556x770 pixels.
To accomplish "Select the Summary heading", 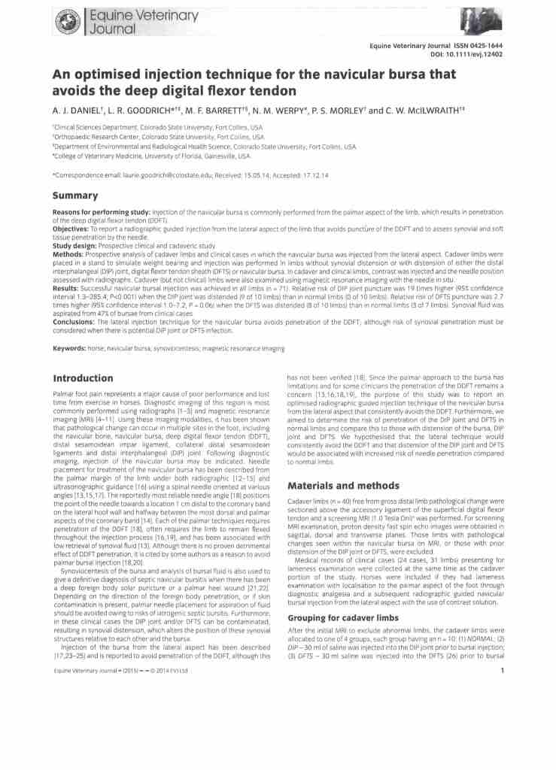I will point(75,196).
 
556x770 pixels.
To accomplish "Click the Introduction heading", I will point(83,378).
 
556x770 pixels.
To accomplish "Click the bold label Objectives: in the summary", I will point(73,226).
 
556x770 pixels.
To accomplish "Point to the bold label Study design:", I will point(76,245).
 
